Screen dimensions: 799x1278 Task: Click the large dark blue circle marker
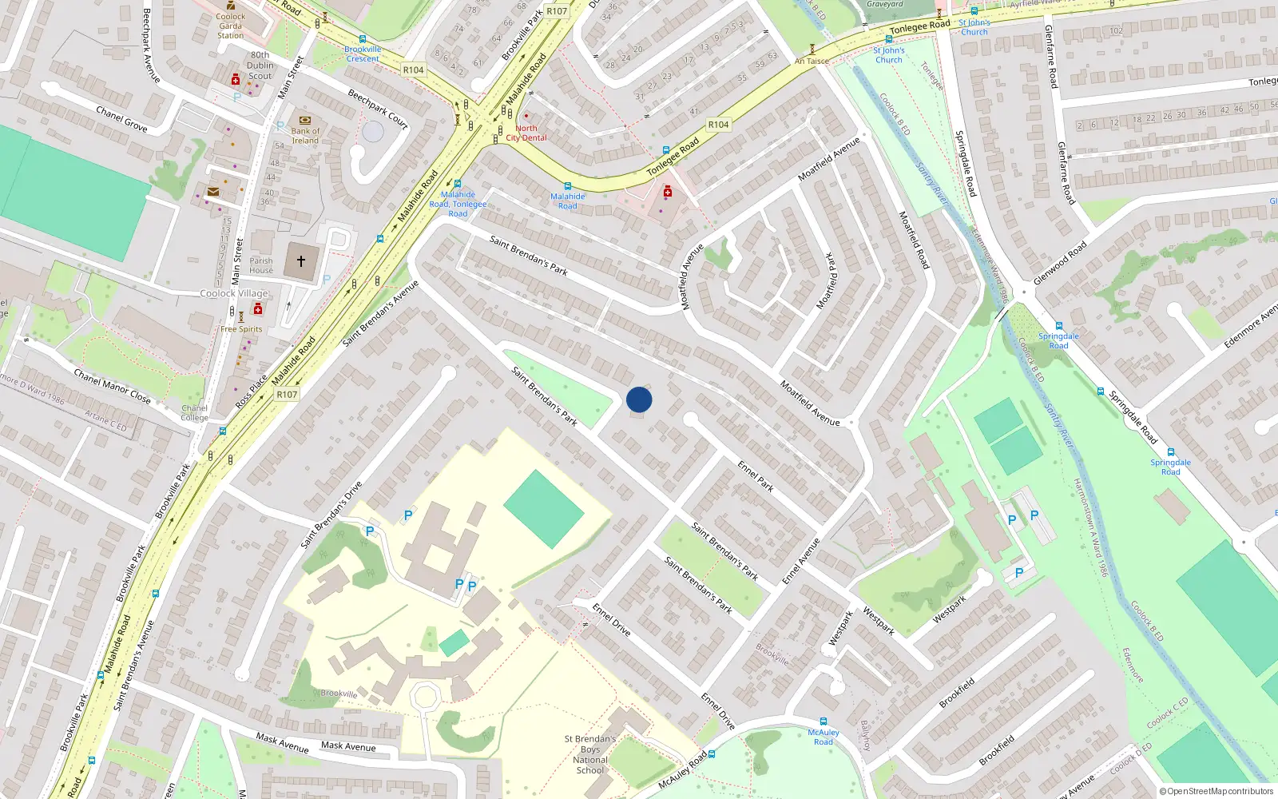pyautogui.click(x=639, y=399)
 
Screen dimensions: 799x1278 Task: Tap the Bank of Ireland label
pyautogui.click(x=304, y=136)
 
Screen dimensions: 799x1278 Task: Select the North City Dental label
pyautogui.click(x=526, y=133)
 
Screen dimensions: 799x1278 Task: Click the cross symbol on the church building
pyautogui.click(x=301, y=261)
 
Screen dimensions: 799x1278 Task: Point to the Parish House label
pyautogui.click(x=261, y=265)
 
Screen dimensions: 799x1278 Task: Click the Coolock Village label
pyautogui.click(x=234, y=293)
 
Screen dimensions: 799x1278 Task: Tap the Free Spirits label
pyautogui.click(x=241, y=329)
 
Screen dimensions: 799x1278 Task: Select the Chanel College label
pyautogui.click(x=194, y=412)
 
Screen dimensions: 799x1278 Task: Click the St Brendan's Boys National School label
pyautogui.click(x=590, y=754)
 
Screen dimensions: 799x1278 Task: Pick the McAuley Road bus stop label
pyautogui.click(x=824, y=737)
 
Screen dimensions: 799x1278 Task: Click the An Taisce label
pyautogui.click(x=812, y=61)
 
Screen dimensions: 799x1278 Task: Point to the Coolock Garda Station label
pyautogui.click(x=231, y=26)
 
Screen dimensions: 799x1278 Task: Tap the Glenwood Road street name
pyautogui.click(x=1060, y=263)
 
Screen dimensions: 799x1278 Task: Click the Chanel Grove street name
pyautogui.click(x=121, y=118)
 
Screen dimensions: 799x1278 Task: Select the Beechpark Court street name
pyautogui.click(x=378, y=109)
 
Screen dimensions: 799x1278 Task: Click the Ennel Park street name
pyautogui.click(x=756, y=475)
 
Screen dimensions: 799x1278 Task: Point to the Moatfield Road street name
pyautogui.click(x=914, y=239)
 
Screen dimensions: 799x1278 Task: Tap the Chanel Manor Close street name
pyautogui.click(x=112, y=386)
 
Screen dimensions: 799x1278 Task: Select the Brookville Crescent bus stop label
pyautogui.click(x=363, y=54)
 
